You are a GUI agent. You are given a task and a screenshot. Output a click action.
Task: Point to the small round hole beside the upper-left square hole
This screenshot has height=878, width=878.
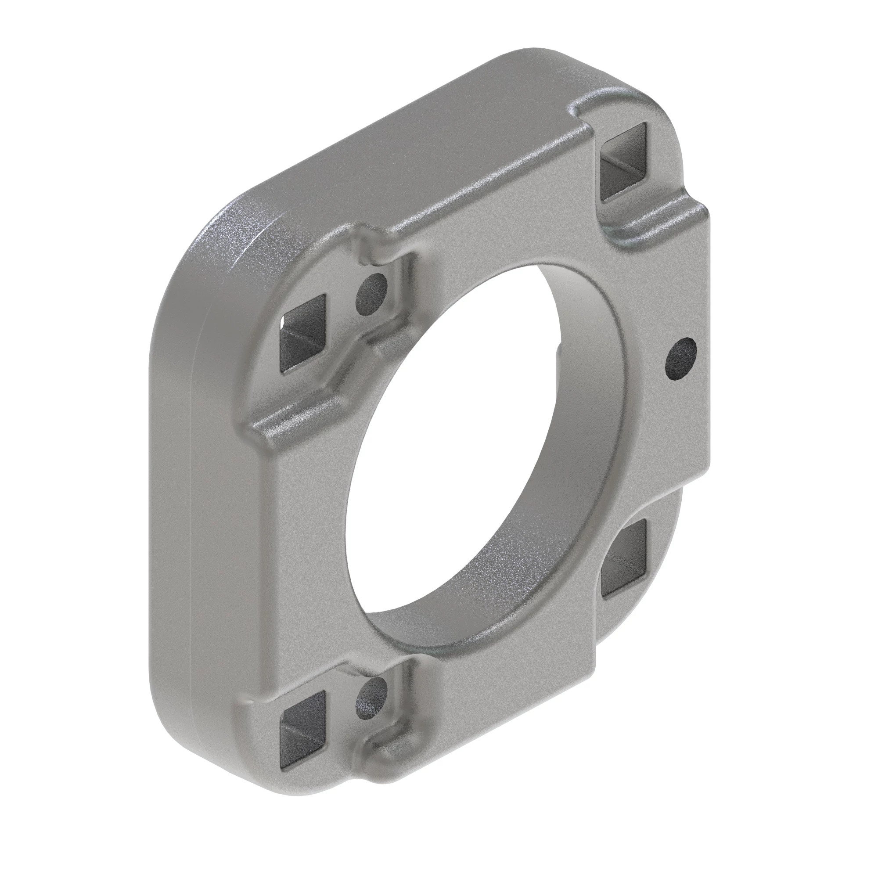[x=372, y=295]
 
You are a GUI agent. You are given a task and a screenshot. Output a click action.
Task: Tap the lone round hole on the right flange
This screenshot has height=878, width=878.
[x=680, y=359]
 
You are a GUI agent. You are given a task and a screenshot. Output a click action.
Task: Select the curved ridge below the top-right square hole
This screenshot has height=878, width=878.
[x=655, y=223]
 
